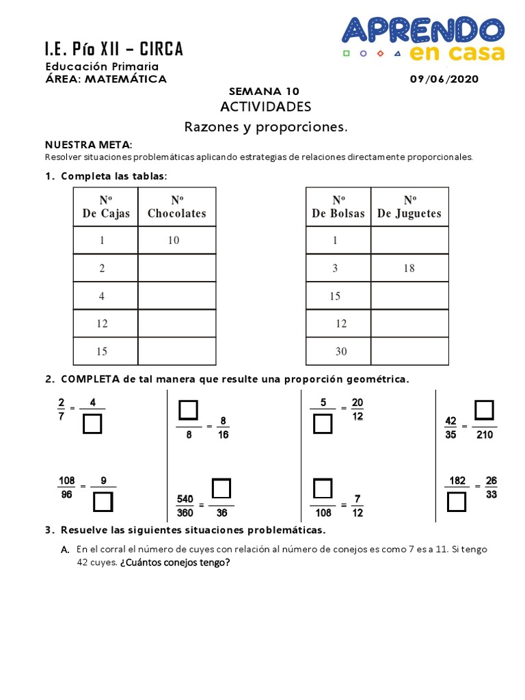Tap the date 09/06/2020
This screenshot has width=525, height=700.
pyautogui.click(x=444, y=79)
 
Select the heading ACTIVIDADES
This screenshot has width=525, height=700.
pyautogui.click(x=265, y=107)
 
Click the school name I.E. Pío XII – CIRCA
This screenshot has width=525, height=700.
pyautogui.click(x=114, y=49)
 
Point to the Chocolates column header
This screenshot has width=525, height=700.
pyautogui.click(x=177, y=206)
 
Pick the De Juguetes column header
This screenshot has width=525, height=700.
pyautogui.click(x=409, y=206)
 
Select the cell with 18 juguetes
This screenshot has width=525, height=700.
pyautogui.click(x=409, y=269)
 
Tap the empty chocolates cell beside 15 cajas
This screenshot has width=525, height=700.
pyautogui.click(x=177, y=351)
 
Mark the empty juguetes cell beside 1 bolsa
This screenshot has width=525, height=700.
pyautogui.click(x=409, y=241)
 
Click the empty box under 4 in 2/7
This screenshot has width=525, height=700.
pyautogui.click(x=92, y=425)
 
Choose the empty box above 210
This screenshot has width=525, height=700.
pyautogui.click(x=484, y=410)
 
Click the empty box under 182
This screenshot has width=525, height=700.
pyautogui.click(x=457, y=502)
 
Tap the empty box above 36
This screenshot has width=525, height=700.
pyautogui.click(x=221, y=489)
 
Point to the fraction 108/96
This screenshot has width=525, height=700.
pyautogui.click(x=66, y=487)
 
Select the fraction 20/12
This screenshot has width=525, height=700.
pyautogui.click(x=358, y=409)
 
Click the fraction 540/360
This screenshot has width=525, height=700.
pyautogui.click(x=185, y=506)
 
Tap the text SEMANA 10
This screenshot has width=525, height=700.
pyautogui.click(x=264, y=92)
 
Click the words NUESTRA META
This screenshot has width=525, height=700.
pyautogui.click(x=87, y=144)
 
